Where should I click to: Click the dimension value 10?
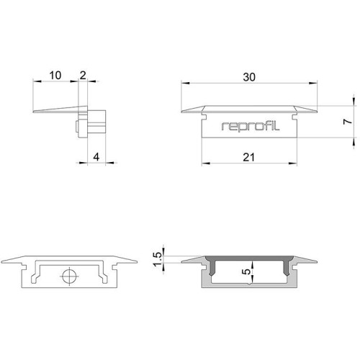coord(55,76)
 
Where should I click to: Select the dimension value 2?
coord(83,76)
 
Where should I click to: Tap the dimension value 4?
coord(96,157)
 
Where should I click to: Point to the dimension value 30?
coord(249,77)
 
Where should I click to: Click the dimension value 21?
coord(248,158)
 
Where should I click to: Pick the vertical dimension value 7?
coord(347,122)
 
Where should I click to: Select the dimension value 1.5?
coord(158,259)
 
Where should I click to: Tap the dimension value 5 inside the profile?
coord(246,271)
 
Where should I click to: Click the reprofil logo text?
coord(251,126)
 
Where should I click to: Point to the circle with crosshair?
coord(69,276)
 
